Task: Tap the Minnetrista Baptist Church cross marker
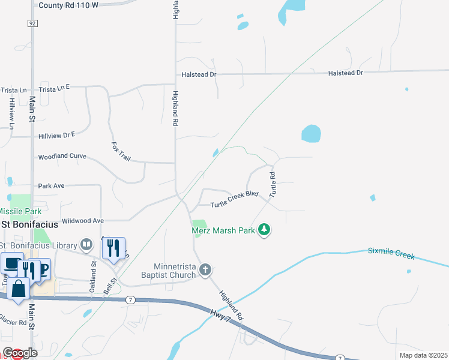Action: (205, 269)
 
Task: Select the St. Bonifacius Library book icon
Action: (87, 245)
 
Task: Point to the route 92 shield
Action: (32, 23)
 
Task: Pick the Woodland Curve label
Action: (62, 157)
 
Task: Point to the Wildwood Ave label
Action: (83, 221)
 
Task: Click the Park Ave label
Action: (51, 186)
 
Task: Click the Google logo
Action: (20, 353)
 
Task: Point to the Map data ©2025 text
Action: (423, 355)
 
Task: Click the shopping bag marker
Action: (19, 289)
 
